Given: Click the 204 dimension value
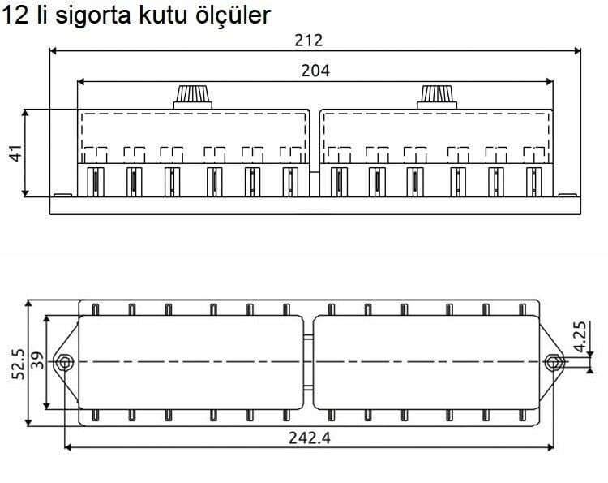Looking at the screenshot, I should coord(315,70).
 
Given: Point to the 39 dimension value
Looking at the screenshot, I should coord(37,360).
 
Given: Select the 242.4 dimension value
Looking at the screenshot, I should coord(310,438).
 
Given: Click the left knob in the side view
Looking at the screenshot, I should coord(193,96).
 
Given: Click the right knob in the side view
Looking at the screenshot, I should coord(438,96).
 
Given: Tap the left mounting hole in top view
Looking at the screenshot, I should coord(64,361).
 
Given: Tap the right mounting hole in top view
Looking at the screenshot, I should coord(554,361).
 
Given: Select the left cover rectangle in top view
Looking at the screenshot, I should coord(191,361).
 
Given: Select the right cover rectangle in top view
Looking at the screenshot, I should coord(426,361).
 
